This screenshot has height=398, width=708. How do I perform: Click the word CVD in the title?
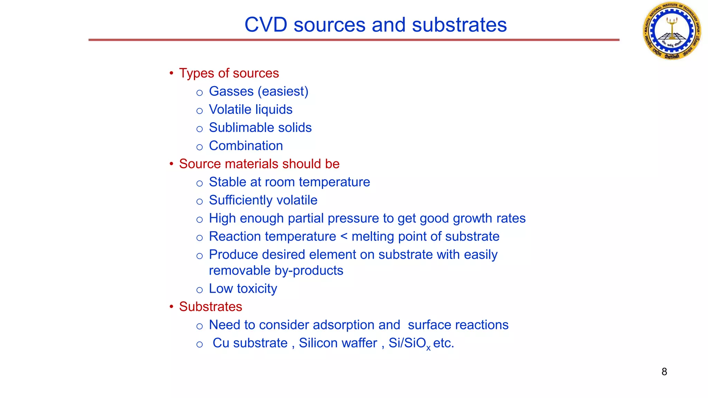coord(266,25)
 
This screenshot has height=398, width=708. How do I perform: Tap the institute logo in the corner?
coord(672,31)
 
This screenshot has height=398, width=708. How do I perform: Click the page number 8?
coord(664,372)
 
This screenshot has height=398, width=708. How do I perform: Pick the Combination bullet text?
coord(246,146)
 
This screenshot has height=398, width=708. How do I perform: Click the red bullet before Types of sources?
coord(171,73)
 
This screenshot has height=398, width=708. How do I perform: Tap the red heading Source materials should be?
coord(259,164)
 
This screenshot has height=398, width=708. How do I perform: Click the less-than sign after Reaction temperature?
coord(344,237)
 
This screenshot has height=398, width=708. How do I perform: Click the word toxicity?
coord(257,289)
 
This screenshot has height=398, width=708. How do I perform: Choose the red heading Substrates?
coord(211,307)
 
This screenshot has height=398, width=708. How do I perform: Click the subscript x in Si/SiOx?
coord(428,348)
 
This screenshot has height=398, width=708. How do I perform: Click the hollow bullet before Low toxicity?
coord(199,290)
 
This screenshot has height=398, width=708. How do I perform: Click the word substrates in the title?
coord(459,25)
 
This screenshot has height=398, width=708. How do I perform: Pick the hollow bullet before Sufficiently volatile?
coord(199,201)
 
